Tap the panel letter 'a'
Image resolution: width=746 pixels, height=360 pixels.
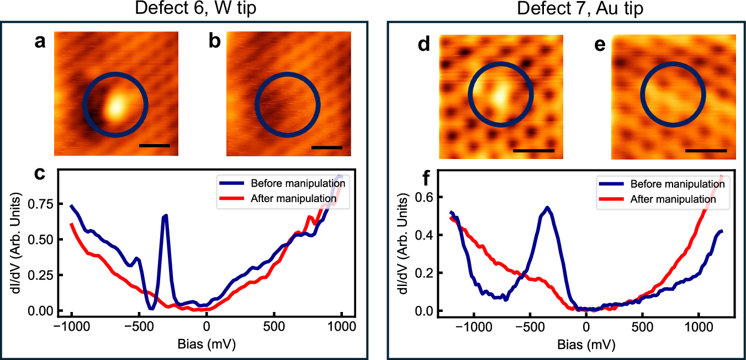click(x=40, y=43)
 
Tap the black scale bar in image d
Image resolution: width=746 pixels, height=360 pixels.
click(x=533, y=150)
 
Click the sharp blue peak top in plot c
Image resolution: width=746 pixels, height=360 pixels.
click(x=165, y=216)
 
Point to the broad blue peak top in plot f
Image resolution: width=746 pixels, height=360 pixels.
click(x=547, y=208)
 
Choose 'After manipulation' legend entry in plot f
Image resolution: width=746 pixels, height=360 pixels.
click(x=673, y=199)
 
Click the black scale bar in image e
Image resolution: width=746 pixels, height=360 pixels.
click(x=706, y=150)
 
